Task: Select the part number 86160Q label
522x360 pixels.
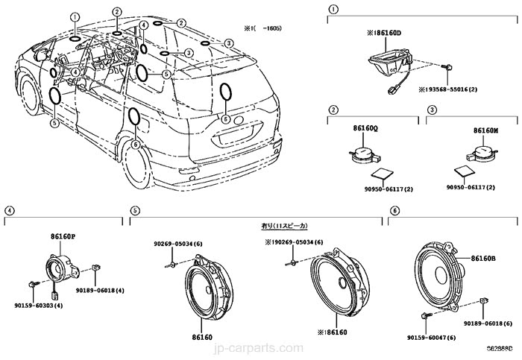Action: coord(365,128)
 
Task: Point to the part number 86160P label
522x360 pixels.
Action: coord(63,236)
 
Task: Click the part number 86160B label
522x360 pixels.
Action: coord(485,259)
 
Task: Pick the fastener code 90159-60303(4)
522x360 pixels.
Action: coord(37,305)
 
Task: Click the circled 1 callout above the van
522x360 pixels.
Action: coord(75,16)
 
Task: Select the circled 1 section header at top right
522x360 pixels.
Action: coord(333,10)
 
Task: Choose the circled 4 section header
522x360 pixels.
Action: coord(9,211)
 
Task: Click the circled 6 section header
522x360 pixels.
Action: coord(394,211)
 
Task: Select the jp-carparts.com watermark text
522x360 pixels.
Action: coord(262,347)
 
